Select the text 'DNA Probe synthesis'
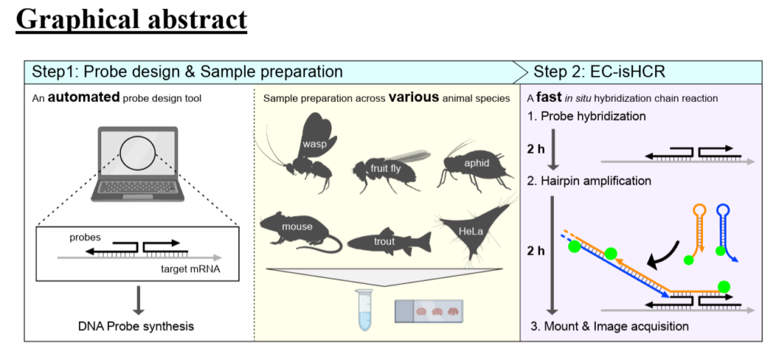tap(136, 327)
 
